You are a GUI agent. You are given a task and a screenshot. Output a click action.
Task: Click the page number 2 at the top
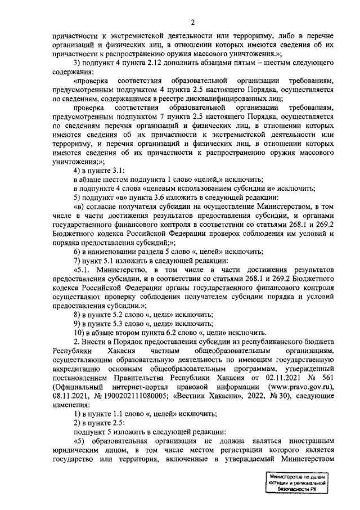point(192,23)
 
